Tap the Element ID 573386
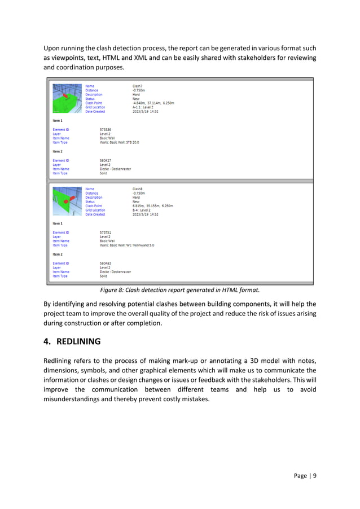(x=105, y=129)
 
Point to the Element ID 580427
(x=105, y=160)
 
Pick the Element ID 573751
(x=105, y=232)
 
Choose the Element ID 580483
(x=105, y=263)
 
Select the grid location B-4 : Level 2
(x=145, y=210)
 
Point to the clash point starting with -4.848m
(x=153, y=103)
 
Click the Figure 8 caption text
(x=179, y=290)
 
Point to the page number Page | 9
(x=304, y=475)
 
